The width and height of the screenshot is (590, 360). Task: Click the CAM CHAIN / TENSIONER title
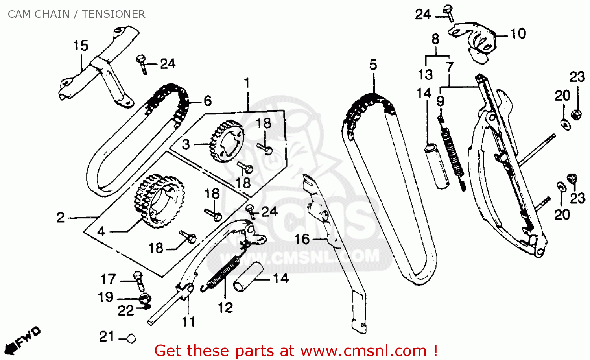pos(76,14)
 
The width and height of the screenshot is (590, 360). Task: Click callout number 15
pos(81,46)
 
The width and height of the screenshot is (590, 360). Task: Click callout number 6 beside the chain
pos(208,101)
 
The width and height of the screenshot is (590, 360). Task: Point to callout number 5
pos(373,65)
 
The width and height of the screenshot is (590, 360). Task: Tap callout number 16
pos(302,239)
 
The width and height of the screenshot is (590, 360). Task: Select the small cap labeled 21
pos(131,338)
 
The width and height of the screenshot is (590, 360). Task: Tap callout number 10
pos(518,34)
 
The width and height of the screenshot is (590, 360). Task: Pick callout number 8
pos(435,39)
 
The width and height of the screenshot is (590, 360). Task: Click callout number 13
pos(425,74)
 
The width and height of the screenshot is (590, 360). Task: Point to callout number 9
pos(441,101)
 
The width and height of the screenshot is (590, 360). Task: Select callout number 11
pos(188,322)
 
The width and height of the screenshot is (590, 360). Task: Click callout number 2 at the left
pos(60,217)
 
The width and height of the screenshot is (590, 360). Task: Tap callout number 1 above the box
pos(247,83)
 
